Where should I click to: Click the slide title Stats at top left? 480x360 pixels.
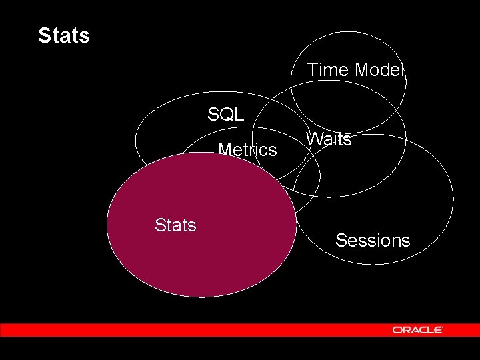64,35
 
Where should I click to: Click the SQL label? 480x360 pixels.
225,114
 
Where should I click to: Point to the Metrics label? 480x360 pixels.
247,150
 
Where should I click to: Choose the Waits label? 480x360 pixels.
329,139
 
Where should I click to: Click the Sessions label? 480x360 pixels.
373,240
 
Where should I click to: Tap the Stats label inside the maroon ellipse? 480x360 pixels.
175,225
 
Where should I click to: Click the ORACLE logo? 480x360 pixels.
417,330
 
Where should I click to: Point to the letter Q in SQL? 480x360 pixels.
225,114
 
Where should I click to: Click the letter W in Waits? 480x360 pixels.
314,139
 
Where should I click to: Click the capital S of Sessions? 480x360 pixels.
341,240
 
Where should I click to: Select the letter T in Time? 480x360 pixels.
312,69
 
